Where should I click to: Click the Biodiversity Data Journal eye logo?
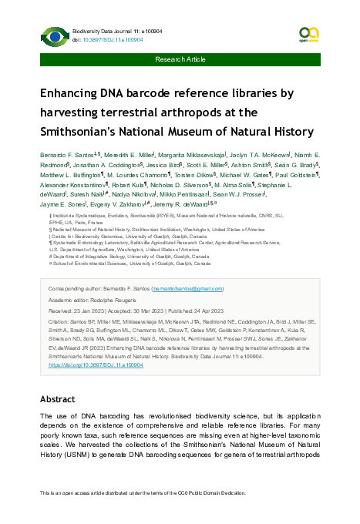(x=53, y=35)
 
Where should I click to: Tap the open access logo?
(x=308, y=33)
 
